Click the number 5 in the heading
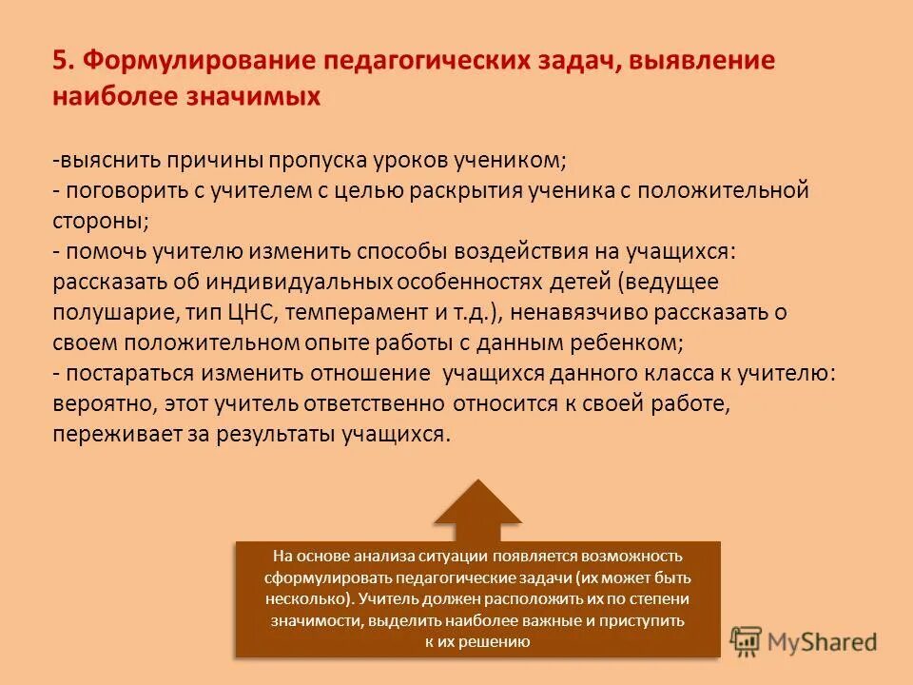coord(60,61)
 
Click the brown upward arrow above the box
coord(477,509)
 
